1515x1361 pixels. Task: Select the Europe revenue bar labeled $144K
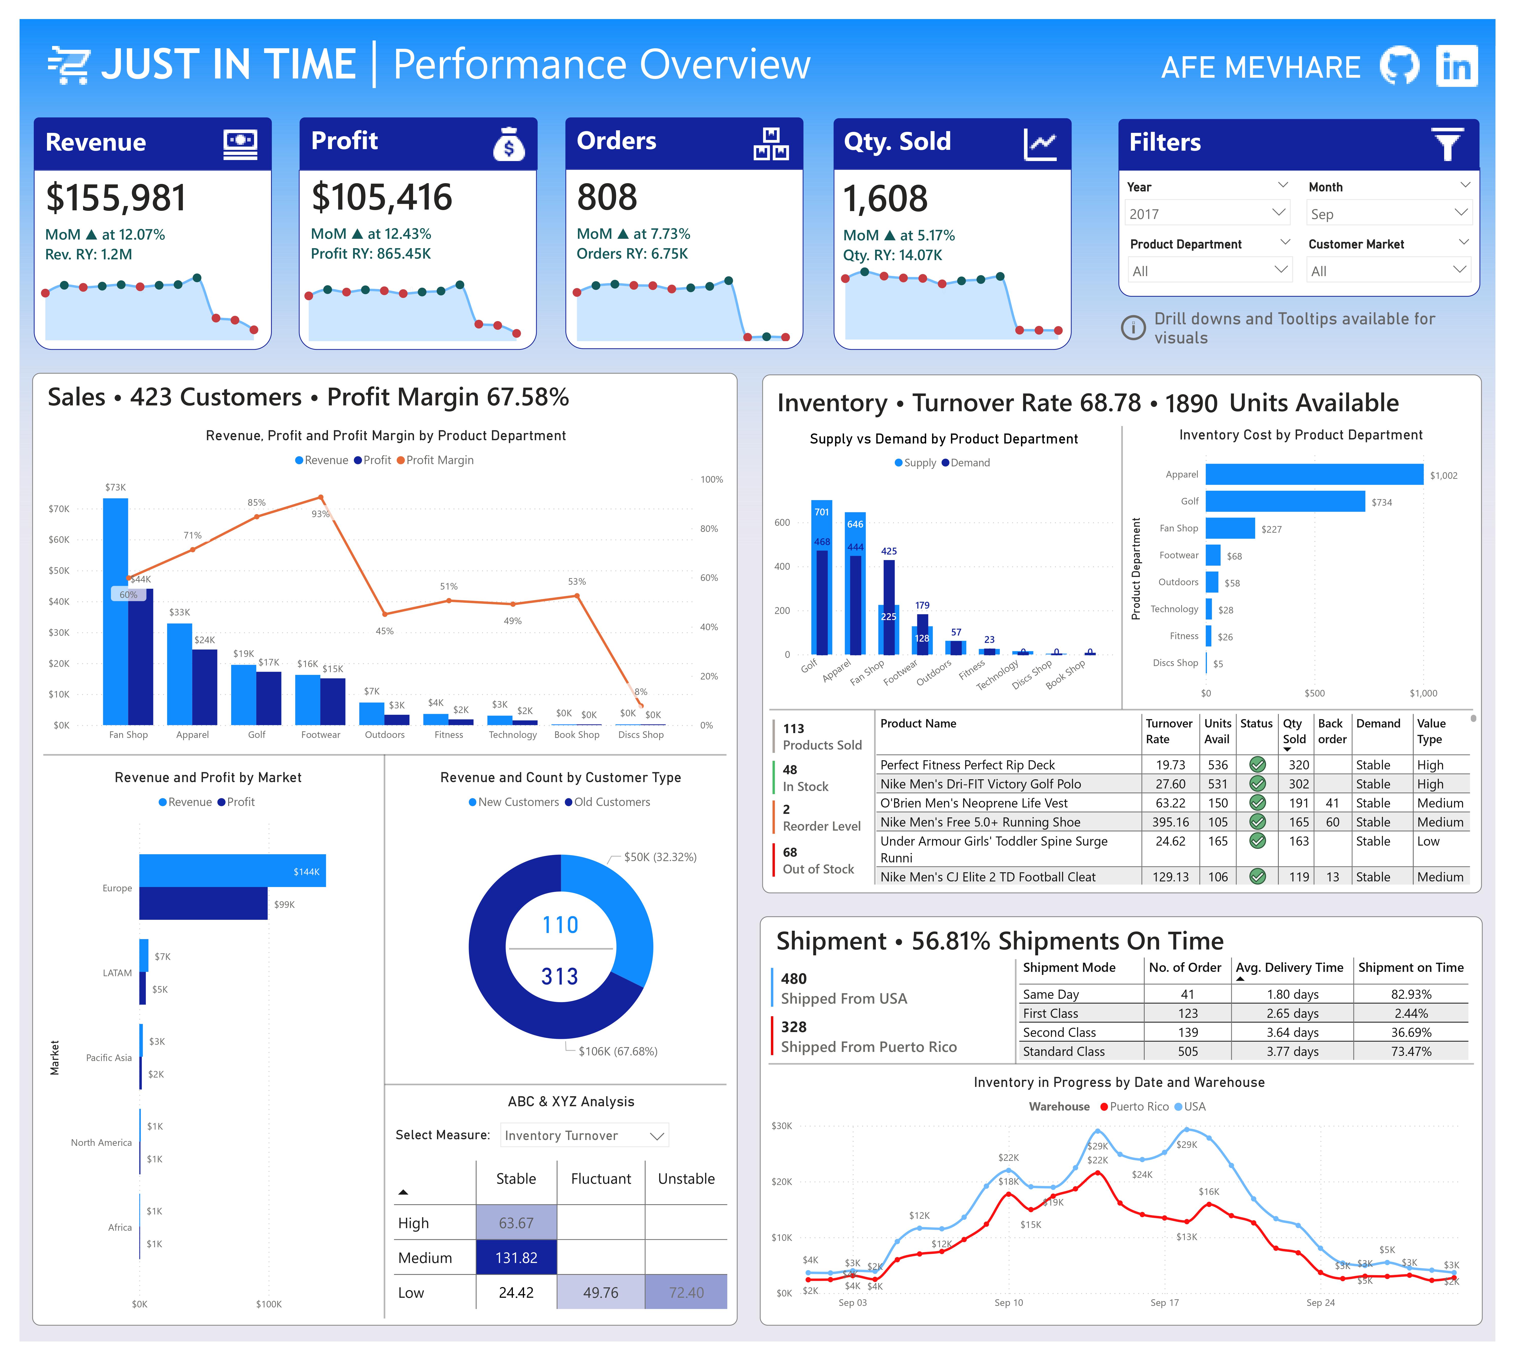[x=232, y=871]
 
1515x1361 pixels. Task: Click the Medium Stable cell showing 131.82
[x=516, y=1258]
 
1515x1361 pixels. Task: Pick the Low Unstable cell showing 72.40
[x=686, y=1292]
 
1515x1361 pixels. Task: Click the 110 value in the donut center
[x=560, y=925]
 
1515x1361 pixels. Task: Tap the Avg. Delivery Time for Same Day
[x=1292, y=994]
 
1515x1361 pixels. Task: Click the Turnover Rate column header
[x=1169, y=731]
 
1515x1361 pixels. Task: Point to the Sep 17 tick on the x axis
[x=1164, y=1302]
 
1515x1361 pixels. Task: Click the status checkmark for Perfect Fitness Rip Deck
[x=1258, y=764]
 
